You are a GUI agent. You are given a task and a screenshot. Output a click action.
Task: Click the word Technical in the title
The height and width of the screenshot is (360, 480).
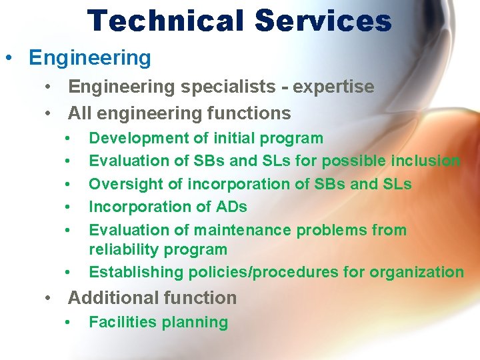pyautogui.click(x=166, y=21)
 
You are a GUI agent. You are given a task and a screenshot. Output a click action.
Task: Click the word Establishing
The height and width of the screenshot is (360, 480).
pyautogui.click(x=136, y=272)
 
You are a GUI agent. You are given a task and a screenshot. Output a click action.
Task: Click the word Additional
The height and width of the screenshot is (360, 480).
pyautogui.click(x=109, y=298)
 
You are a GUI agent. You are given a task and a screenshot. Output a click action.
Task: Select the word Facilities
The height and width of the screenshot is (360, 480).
pyautogui.click(x=120, y=323)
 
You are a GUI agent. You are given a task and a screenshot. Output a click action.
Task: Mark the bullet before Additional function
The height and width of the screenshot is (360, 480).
pyautogui.click(x=49, y=298)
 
